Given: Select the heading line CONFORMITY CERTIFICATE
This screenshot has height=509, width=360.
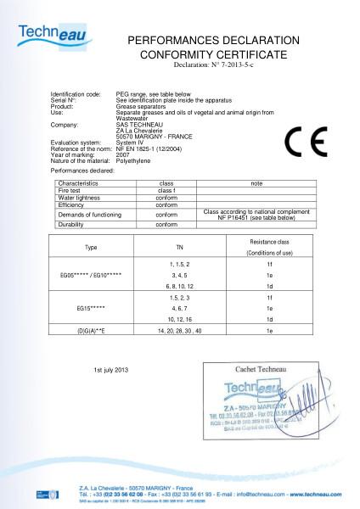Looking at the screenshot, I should (213, 53).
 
